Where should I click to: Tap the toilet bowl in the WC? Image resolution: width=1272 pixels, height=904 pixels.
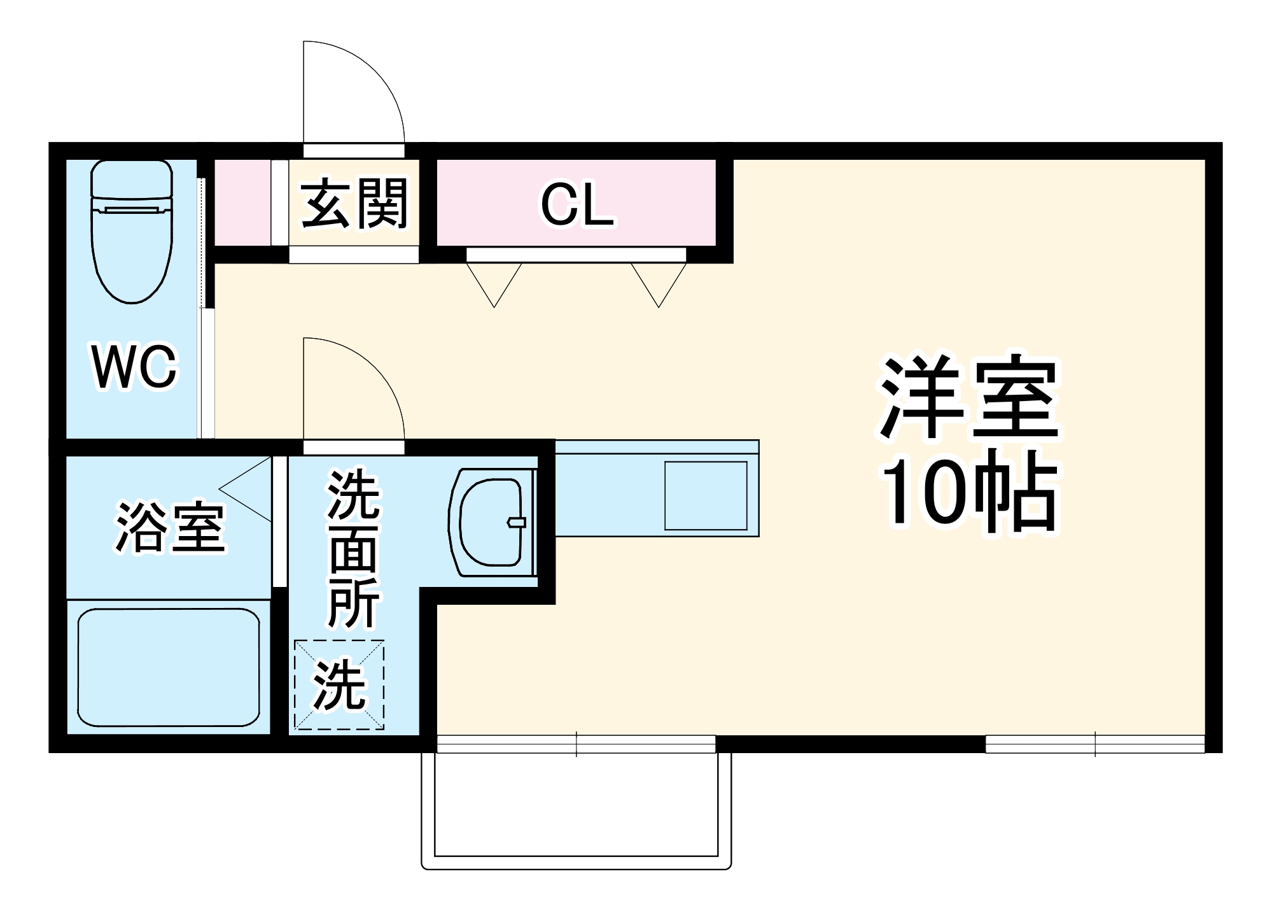(x=132, y=255)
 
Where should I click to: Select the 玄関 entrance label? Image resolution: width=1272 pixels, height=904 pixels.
(x=354, y=204)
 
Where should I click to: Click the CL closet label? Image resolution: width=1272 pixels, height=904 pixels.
(x=577, y=205)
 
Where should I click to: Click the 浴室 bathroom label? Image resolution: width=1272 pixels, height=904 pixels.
(x=170, y=527)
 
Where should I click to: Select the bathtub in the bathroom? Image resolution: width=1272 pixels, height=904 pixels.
(x=169, y=667)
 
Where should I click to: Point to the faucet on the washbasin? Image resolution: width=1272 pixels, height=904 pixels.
(x=517, y=523)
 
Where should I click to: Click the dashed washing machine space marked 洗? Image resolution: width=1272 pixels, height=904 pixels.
(x=339, y=684)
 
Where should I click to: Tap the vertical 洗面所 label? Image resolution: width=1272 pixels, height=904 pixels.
(x=353, y=547)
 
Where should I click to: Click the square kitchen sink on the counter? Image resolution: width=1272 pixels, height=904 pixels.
(x=706, y=496)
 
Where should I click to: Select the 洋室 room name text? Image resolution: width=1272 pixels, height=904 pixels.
(x=968, y=398)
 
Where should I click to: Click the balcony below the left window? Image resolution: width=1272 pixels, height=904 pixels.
(x=577, y=805)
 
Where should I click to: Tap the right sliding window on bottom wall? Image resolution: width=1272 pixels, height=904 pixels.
(x=1094, y=744)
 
